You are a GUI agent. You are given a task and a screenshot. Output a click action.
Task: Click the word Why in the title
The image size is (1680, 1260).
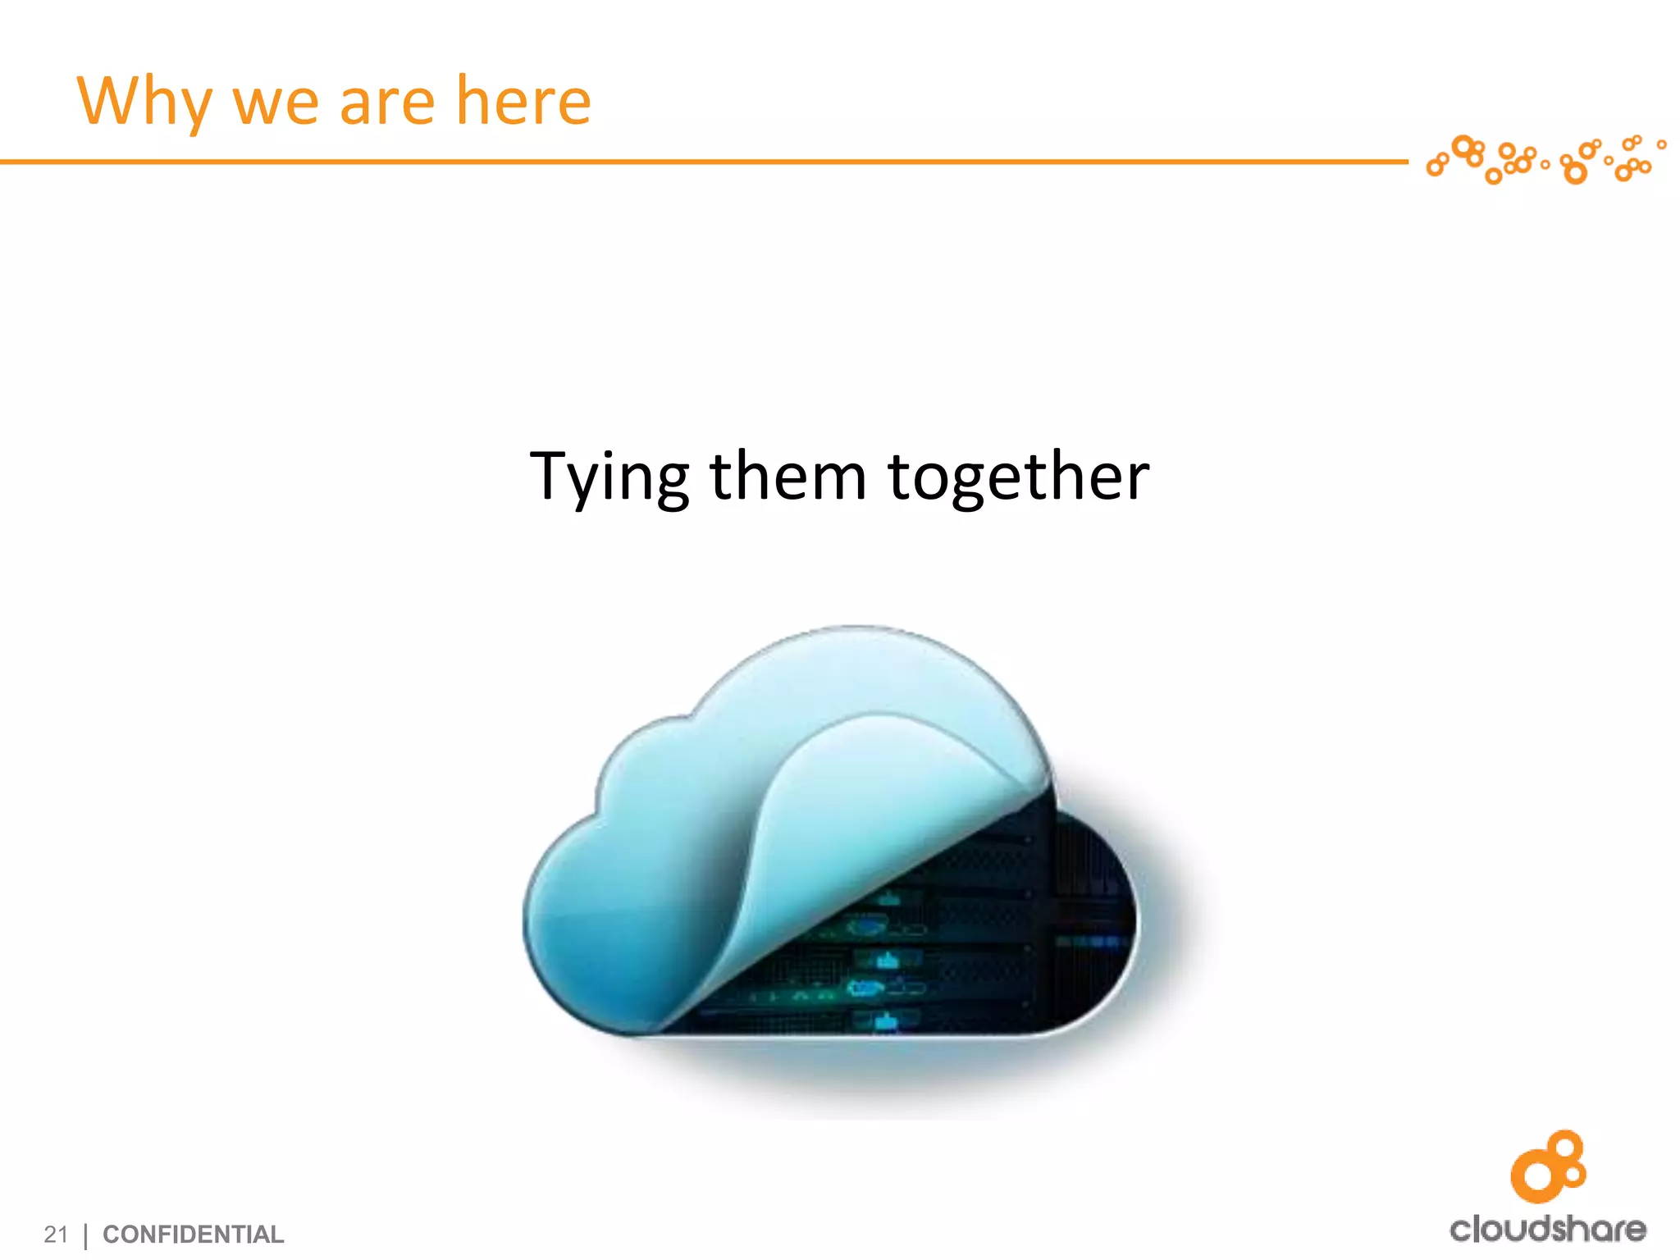pyautogui.click(x=144, y=102)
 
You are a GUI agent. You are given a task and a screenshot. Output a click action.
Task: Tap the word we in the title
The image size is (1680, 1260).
pyautogui.click(x=276, y=103)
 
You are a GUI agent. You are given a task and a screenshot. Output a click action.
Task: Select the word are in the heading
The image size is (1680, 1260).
pyautogui.click(x=386, y=103)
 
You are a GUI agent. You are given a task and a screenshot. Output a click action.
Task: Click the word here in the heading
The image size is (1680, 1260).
pyautogui.click(x=523, y=102)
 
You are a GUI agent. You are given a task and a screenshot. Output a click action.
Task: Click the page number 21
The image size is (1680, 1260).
pyautogui.click(x=56, y=1234)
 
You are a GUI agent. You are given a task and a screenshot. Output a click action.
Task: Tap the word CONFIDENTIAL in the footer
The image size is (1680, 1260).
pyautogui.click(x=193, y=1234)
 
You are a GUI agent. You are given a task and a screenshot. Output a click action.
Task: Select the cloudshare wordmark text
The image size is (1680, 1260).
pyautogui.click(x=1547, y=1229)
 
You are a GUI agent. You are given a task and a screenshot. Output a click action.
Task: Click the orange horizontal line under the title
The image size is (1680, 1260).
pyautogui.click(x=697, y=162)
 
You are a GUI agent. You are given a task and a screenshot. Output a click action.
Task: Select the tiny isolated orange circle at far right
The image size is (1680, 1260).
pyautogui.click(x=1661, y=145)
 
